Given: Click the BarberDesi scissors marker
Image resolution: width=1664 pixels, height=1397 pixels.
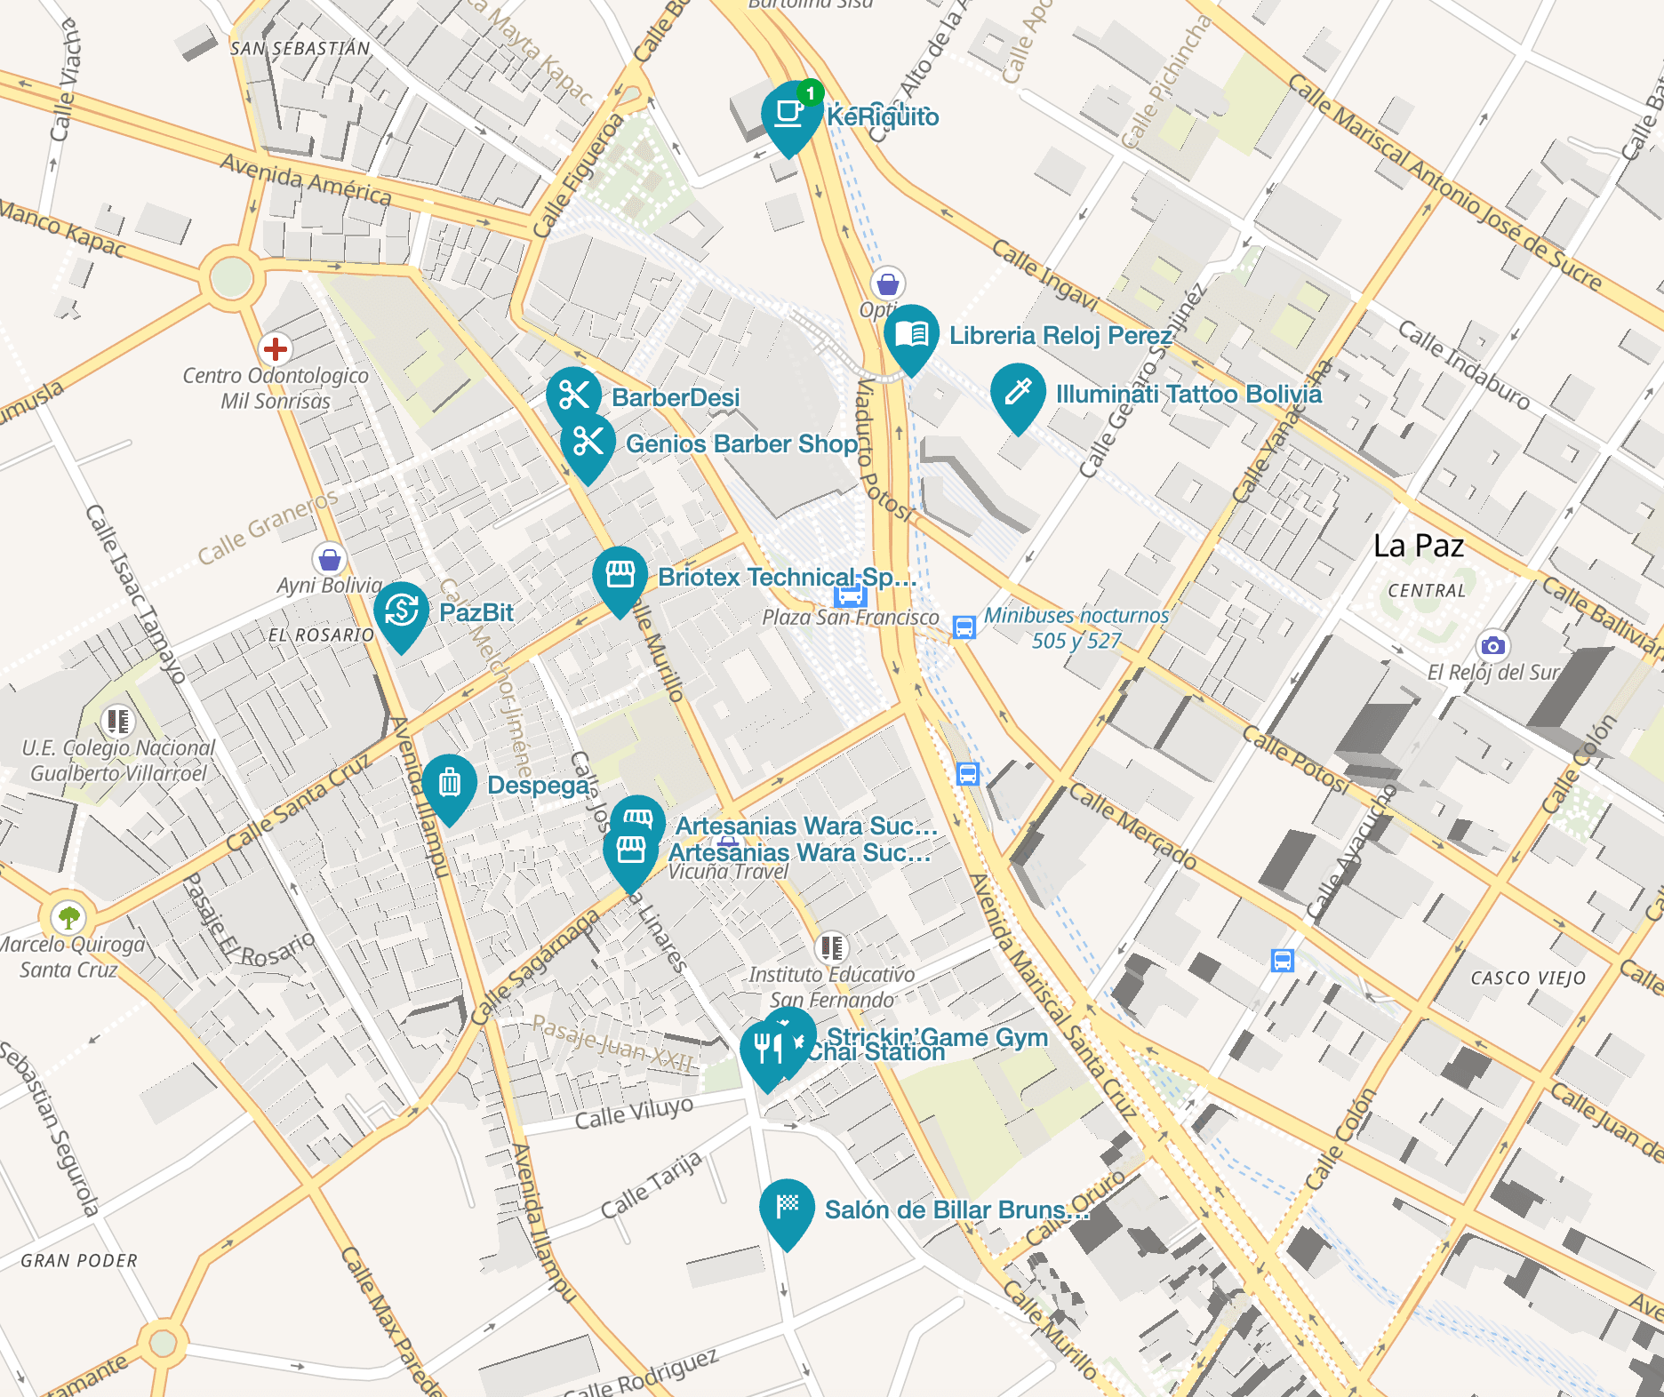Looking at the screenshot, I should [573, 395].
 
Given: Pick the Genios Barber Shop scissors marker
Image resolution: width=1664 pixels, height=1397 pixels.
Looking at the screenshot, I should [588, 442].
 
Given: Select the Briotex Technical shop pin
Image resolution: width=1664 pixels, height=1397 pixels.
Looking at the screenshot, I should [620, 577].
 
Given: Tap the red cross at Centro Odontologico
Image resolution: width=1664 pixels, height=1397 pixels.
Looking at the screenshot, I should [276, 349].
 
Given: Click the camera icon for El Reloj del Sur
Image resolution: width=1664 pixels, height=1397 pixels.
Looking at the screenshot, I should [1492, 646].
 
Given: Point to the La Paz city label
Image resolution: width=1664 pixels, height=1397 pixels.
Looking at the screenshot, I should [1418, 546].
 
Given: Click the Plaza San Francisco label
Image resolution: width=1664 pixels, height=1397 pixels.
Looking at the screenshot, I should [850, 618].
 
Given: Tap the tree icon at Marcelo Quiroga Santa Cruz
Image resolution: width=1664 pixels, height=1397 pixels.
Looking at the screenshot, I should [68, 917].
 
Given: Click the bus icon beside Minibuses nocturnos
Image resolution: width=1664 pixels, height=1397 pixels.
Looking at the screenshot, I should [964, 627].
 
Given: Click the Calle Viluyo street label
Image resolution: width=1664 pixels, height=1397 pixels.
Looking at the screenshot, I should [633, 1113].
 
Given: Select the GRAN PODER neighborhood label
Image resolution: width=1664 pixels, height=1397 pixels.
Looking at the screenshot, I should [79, 1260].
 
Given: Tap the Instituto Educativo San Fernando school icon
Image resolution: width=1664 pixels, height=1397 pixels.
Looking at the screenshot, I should [831, 947].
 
